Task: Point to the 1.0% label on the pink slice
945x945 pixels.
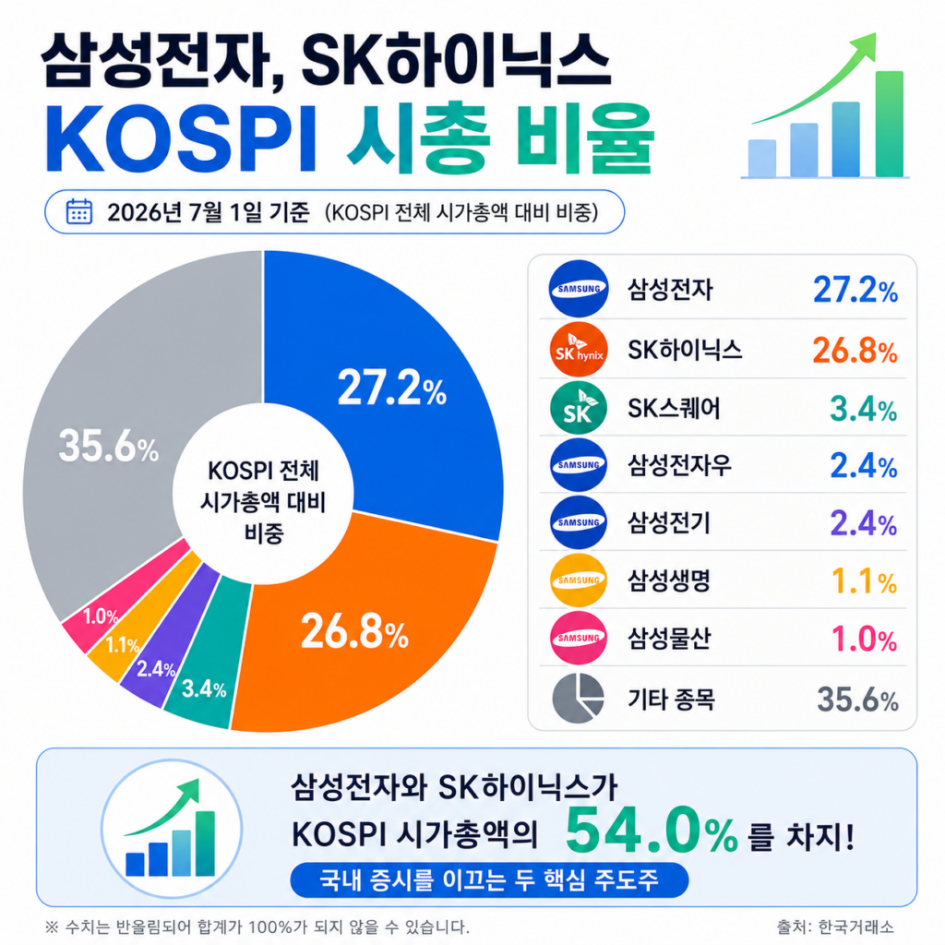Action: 101,616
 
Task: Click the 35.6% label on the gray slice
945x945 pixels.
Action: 109,447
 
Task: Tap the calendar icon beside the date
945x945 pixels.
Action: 79,211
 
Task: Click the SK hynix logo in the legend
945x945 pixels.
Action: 579,350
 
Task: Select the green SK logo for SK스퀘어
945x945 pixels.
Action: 579,408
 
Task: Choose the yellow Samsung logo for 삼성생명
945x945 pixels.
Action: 579,580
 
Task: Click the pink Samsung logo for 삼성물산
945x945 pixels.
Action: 579,638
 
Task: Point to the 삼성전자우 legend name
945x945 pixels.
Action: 680,465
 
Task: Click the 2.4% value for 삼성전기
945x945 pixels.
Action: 864,522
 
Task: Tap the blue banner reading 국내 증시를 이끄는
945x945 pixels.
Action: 489,879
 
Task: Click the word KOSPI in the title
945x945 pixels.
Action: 180,138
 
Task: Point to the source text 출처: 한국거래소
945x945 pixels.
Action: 834,927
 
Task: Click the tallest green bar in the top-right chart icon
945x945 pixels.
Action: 890,125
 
